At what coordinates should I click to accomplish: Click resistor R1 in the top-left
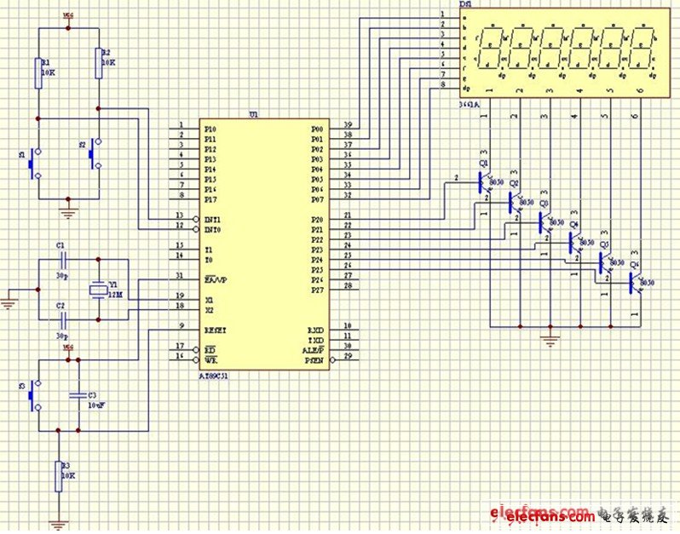click(x=37, y=72)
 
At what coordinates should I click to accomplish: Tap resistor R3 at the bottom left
click(x=59, y=474)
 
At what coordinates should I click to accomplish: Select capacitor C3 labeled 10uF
click(x=78, y=395)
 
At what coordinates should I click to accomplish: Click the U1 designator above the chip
click(x=253, y=113)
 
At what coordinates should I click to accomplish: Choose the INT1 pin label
click(x=213, y=218)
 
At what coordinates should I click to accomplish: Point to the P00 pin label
click(x=317, y=128)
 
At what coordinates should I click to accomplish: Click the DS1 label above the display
click(x=465, y=5)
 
